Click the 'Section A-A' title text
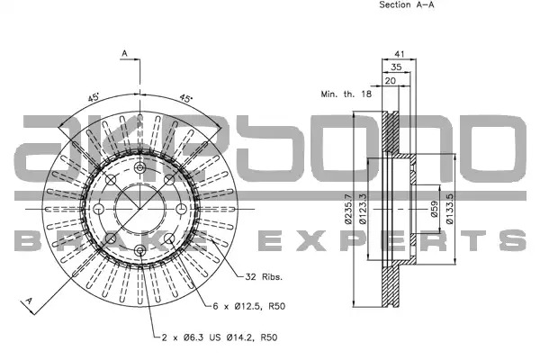click(407, 4)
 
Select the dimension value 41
click(399, 54)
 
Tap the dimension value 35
click(396, 67)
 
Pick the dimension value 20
click(391, 81)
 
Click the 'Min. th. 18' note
click(346, 94)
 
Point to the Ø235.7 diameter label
click(347, 209)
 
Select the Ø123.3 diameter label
click(363, 209)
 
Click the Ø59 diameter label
click(434, 209)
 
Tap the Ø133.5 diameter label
click(449, 209)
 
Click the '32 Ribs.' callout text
click(264, 276)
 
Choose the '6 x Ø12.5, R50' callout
click(249, 306)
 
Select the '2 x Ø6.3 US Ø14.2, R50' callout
click(220, 337)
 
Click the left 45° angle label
click(94, 97)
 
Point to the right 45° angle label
click(186, 98)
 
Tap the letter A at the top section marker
click(125, 53)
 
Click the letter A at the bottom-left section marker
click(30, 301)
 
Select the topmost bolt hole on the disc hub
click(139, 167)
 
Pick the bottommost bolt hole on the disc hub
click(139, 250)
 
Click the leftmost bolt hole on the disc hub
click(98, 209)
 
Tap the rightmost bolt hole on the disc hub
click(181, 209)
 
